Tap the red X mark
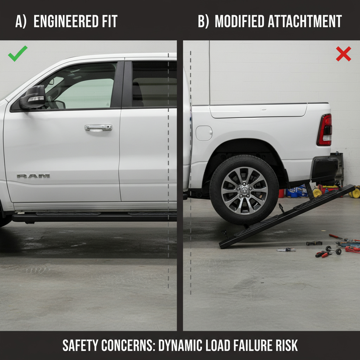click(x=343, y=54)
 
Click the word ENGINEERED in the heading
click(x=66, y=21)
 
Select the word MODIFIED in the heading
click(x=239, y=21)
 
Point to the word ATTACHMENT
click(x=305, y=21)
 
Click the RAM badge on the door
click(x=33, y=176)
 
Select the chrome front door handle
click(x=98, y=128)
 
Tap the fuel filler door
click(x=204, y=133)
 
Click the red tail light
click(x=324, y=130)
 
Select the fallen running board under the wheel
click(x=287, y=217)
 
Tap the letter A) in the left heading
click(x=21, y=21)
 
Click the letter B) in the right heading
click(x=204, y=21)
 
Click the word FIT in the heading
click(x=109, y=21)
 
